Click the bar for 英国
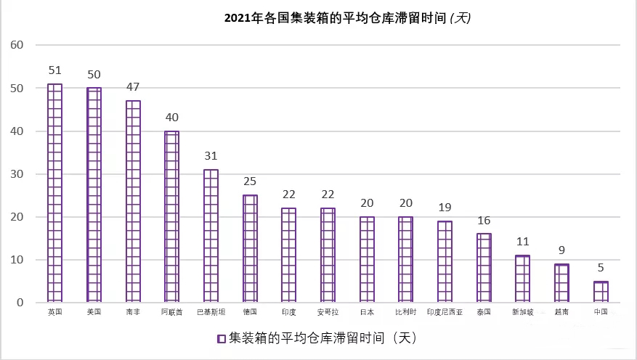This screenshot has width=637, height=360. tap(55, 193)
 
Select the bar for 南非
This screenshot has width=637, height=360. tap(133, 201)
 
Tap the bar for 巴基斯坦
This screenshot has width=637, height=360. tap(211, 236)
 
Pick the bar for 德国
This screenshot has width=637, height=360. tap(250, 248)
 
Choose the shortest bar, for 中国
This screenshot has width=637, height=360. tap(601, 292)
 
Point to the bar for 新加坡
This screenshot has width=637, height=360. tap(522, 279)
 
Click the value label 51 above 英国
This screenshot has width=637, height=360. tap(54, 70)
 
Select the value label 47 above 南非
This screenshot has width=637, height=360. tap(132, 87)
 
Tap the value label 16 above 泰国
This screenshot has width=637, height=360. tap(483, 220)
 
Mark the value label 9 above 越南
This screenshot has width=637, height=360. tap(561, 250)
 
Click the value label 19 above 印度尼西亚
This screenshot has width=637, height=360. tap(444, 208)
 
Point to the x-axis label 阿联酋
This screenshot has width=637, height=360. tap(171, 312)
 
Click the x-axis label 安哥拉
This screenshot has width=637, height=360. tap(328, 312)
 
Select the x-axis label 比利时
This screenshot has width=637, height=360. tap(405, 312)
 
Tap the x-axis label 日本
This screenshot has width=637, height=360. tap(367, 312)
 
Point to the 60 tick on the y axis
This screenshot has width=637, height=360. tap(17, 45)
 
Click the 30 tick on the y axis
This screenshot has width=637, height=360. tap(17, 174)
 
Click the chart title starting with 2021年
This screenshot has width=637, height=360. tap(348, 18)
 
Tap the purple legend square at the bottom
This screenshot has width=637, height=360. tap(221, 338)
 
